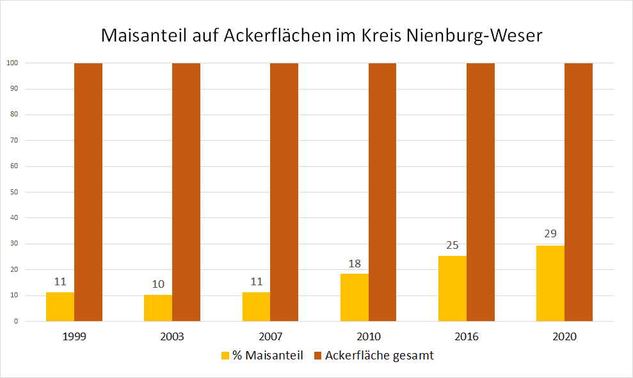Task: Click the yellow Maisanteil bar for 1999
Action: [x=60, y=307]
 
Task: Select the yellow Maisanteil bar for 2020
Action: [x=550, y=283]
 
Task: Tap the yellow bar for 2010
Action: [x=355, y=297]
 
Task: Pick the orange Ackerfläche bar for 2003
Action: [x=186, y=192]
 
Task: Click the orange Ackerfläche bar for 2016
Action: [x=481, y=192]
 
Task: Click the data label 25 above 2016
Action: [x=453, y=245]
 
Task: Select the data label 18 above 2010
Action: [x=355, y=263]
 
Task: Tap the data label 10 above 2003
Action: [x=158, y=283]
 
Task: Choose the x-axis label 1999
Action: [x=75, y=336]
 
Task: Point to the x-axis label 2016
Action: [x=467, y=336]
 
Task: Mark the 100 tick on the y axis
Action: [x=12, y=63]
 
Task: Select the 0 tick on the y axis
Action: [x=15, y=321]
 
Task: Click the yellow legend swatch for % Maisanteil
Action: [x=225, y=356]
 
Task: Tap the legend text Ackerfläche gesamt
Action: [x=379, y=356]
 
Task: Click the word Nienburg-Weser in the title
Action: [x=474, y=36]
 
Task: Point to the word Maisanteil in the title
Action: [x=144, y=36]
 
